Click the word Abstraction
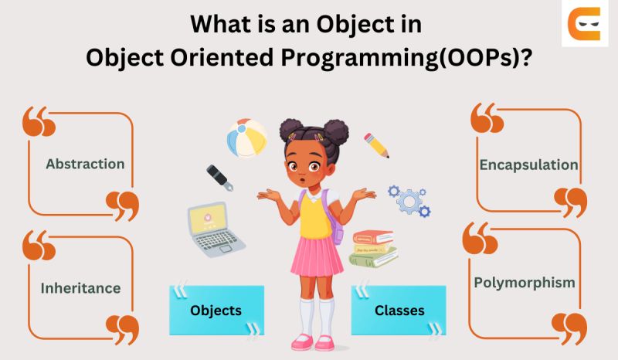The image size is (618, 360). (x=85, y=164)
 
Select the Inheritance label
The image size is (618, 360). (x=80, y=288)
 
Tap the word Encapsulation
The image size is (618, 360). (x=528, y=165)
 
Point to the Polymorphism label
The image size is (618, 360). (x=525, y=282)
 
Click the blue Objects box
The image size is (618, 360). (x=216, y=311)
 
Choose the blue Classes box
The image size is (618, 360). (x=399, y=311)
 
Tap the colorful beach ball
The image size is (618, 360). (x=246, y=138)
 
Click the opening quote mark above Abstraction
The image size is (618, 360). (x=39, y=122)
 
